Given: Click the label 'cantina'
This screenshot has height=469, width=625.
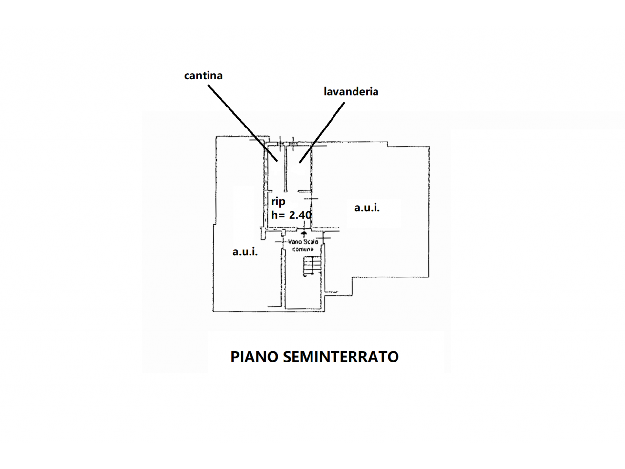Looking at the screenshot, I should (x=203, y=75).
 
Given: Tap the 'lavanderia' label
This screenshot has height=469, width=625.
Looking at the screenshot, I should (x=351, y=91).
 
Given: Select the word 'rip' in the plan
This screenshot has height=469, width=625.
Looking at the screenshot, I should (x=278, y=201).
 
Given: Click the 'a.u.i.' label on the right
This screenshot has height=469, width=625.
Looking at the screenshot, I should (x=367, y=208).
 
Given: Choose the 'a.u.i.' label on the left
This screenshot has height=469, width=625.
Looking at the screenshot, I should (x=245, y=252).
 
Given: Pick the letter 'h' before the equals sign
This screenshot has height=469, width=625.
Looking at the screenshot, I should (x=275, y=214).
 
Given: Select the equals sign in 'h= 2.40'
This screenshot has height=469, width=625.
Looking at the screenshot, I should (x=283, y=215).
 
